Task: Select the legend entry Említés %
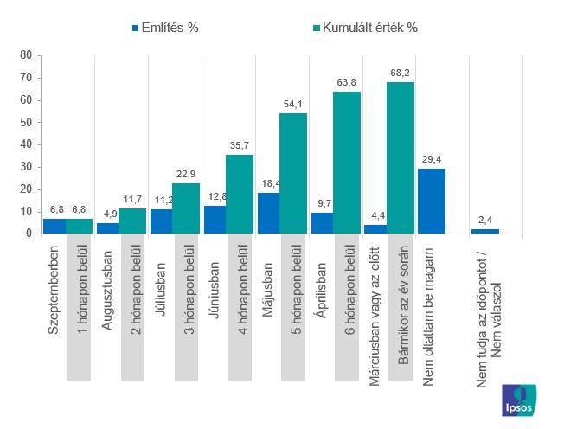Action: (164, 28)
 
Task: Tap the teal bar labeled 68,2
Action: (400, 158)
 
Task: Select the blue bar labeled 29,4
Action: (431, 201)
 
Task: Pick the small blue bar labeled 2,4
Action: (484, 231)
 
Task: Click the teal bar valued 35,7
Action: (240, 194)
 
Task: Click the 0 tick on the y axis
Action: (28, 234)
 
